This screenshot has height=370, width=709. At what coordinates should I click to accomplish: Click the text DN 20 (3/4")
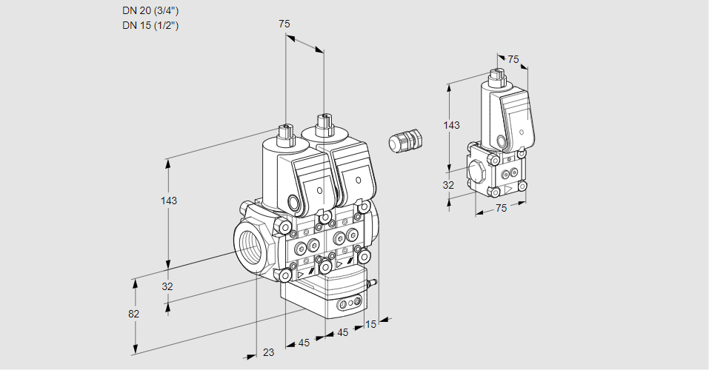150,11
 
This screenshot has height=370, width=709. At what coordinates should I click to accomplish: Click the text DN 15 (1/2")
150,25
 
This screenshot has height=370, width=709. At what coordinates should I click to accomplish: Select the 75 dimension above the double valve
284,24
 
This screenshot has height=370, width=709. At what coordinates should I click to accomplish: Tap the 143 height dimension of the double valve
169,201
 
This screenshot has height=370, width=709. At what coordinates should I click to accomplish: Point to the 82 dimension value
133,314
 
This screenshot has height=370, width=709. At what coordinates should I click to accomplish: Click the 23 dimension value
268,352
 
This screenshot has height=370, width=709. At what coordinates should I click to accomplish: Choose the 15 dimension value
371,323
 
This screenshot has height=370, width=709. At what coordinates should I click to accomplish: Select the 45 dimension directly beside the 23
304,343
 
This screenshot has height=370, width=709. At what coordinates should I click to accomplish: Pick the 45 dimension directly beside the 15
342,333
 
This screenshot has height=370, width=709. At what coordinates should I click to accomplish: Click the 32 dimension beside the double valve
167,286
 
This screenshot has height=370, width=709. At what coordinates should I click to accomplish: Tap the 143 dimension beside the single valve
451,125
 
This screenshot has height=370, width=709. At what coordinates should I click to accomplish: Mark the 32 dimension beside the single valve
448,185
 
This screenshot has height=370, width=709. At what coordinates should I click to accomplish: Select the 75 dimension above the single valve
513,60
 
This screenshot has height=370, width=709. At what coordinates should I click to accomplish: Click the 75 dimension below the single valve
501,209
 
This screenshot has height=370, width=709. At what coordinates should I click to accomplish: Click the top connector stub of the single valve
496,76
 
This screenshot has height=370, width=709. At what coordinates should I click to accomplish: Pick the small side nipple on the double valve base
372,282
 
